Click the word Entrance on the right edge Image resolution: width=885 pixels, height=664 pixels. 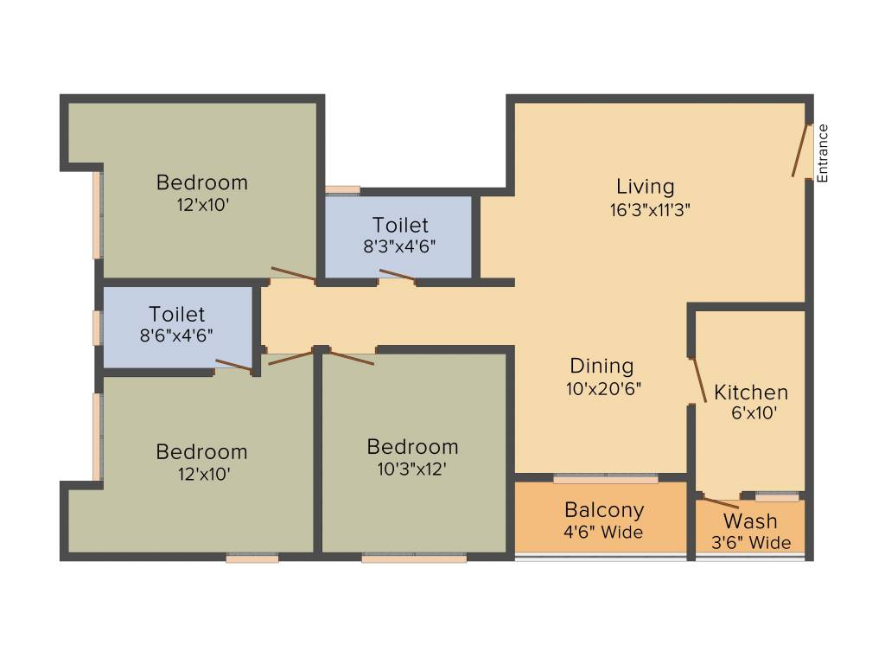(823, 153)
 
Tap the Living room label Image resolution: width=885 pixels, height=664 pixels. (645, 186)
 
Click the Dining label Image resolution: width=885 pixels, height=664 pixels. (602, 366)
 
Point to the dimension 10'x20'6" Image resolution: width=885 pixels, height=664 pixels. (603, 388)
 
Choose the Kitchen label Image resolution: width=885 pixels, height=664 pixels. (750, 393)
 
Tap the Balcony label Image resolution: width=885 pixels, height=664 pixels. (604, 509)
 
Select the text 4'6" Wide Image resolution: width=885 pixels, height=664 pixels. (604, 532)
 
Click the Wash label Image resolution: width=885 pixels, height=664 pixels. (750, 521)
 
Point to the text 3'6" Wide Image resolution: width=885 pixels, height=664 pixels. (750, 543)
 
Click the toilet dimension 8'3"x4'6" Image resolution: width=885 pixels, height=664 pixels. (398, 245)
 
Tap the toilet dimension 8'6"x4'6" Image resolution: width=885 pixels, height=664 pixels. (177, 335)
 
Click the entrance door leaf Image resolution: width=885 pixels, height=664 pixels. (800, 151)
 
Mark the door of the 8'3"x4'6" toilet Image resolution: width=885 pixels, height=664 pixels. (397, 276)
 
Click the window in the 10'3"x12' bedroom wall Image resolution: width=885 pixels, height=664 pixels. (414, 559)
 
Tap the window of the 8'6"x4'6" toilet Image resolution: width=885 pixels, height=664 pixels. (98, 328)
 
